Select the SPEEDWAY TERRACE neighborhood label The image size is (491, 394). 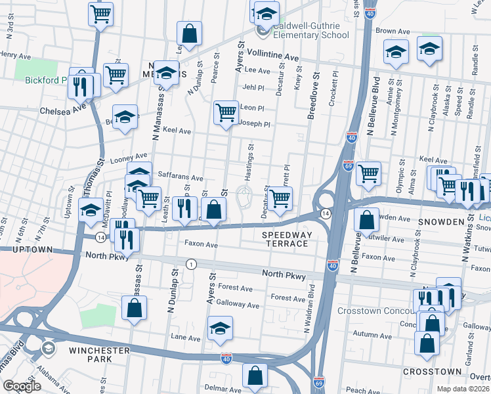tap(285, 239)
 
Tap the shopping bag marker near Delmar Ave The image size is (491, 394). tap(255, 376)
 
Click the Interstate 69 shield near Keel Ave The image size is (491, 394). tap(348, 165)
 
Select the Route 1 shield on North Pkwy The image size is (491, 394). tap(190, 264)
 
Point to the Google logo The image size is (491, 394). tap(22, 386)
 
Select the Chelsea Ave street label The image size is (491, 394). tap(63, 111)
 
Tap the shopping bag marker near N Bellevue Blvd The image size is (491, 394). tap(368, 219)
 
